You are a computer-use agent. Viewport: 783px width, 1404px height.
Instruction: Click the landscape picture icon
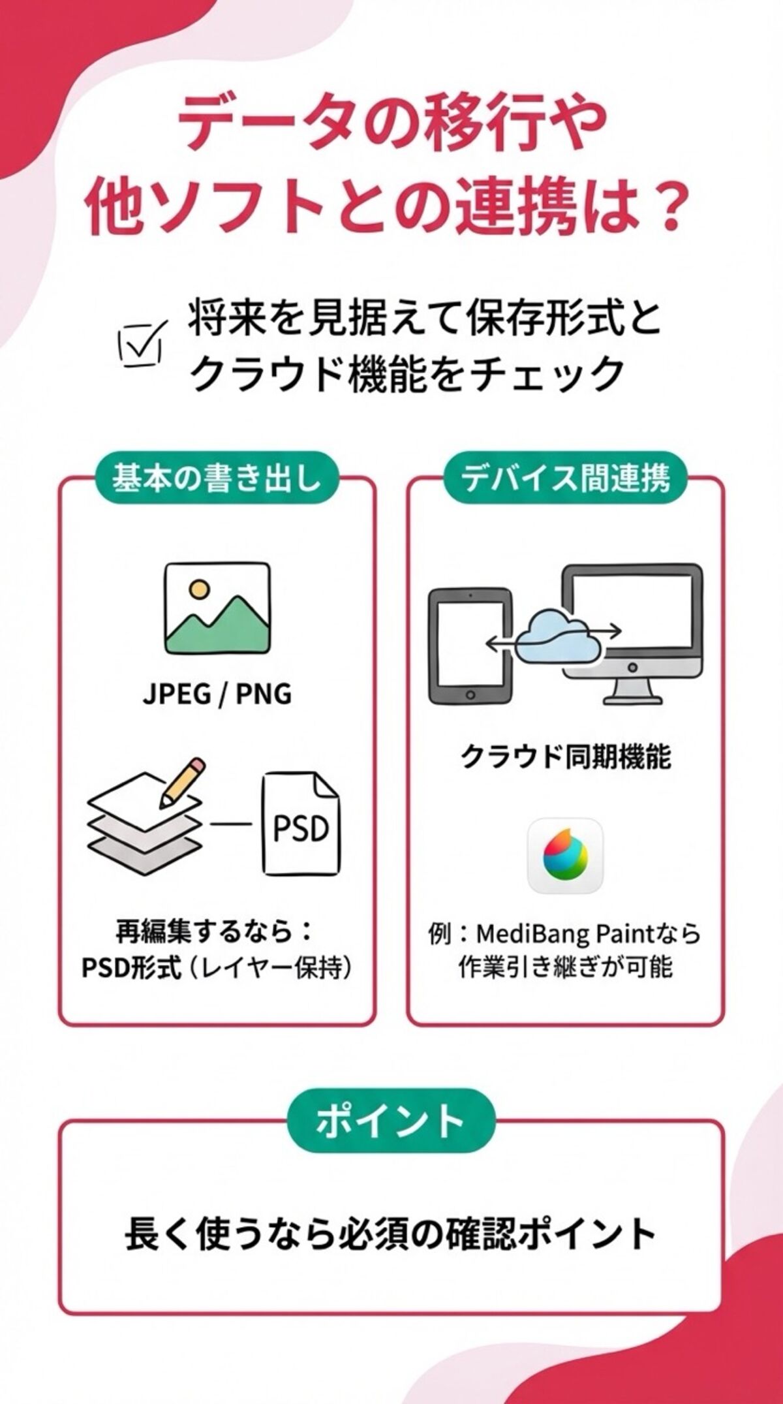[217, 608]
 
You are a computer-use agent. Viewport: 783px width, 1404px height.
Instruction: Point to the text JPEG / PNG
[217, 694]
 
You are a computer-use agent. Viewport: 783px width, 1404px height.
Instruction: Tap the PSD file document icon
[300, 826]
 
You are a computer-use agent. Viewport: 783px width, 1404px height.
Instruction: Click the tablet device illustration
[468, 647]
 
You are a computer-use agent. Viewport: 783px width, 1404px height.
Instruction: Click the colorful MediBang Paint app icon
[565, 856]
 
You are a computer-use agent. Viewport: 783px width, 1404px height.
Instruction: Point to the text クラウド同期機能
[566, 757]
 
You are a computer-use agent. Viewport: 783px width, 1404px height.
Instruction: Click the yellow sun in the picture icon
[197, 589]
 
